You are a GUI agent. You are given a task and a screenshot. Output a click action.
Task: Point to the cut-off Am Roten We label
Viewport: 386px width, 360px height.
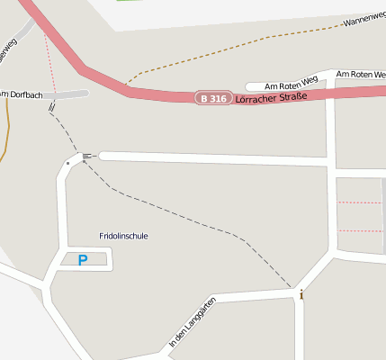point(361,74)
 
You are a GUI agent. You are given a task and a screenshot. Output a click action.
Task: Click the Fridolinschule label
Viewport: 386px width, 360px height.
point(123,236)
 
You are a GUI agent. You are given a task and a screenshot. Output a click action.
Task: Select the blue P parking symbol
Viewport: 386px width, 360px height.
point(83,261)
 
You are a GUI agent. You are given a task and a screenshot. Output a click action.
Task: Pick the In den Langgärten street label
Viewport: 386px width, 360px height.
point(193,321)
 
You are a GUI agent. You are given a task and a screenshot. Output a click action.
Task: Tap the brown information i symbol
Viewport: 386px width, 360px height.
point(301,294)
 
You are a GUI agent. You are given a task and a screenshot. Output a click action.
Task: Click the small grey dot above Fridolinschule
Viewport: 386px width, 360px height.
point(67,163)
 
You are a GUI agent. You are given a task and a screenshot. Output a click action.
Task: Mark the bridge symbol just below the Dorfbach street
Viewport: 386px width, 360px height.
point(53,106)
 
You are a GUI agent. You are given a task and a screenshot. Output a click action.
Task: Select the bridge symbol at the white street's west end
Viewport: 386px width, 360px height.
point(87,157)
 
